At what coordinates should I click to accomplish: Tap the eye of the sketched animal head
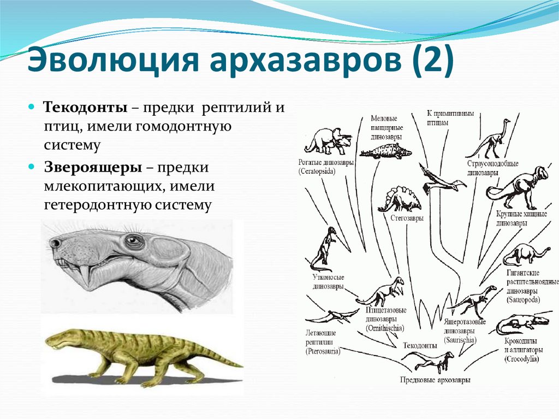point(133,241)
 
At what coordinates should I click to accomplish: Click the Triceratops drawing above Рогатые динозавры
point(328,141)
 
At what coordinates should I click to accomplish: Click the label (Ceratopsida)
point(317,171)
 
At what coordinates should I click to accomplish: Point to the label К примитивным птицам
point(449,119)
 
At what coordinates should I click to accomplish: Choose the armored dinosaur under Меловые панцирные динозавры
point(386,151)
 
